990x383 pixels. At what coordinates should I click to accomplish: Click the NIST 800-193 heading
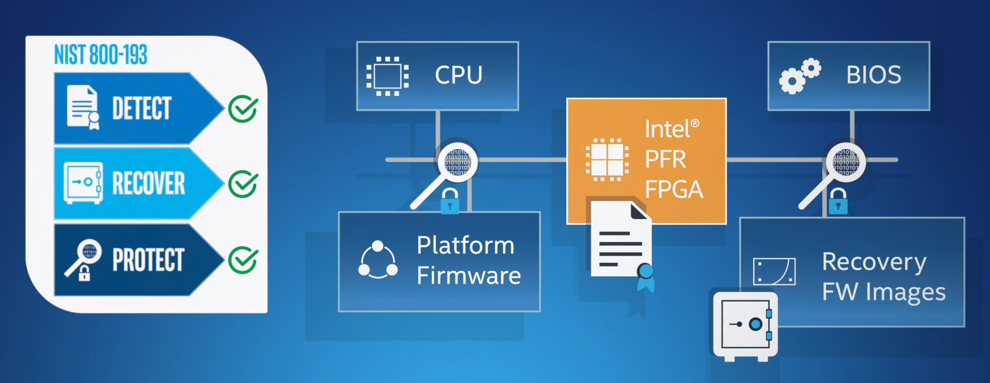(x=100, y=55)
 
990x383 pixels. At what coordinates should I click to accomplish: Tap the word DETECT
(x=141, y=108)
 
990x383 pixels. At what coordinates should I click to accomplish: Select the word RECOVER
(x=148, y=183)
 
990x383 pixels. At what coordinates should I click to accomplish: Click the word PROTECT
(x=148, y=260)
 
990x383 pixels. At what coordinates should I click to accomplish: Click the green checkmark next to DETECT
(x=243, y=109)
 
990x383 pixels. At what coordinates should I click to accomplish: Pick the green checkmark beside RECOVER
(x=243, y=184)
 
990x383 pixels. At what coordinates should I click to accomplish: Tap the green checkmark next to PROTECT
(x=243, y=260)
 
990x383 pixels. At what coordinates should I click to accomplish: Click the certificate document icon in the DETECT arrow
(x=83, y=107)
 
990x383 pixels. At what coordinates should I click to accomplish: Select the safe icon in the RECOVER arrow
(x=83, y=183)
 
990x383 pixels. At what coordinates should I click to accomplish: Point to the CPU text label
(x=458, y=75)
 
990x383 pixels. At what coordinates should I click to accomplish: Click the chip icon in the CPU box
(x=387, y=76)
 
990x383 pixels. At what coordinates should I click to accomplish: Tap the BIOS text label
(x=873, y=75)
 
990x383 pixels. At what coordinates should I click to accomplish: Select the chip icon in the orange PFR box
(x=606, y=159)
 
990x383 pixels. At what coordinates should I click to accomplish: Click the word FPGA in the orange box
(x=674, y=190)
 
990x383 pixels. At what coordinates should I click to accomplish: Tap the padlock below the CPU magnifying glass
(x=450, y=201)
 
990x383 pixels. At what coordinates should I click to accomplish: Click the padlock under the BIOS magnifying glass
(x=838, y=201)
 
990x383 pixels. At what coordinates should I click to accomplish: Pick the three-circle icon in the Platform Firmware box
(x=378, y=260)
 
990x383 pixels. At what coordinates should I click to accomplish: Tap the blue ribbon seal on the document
(x=645, y=276)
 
